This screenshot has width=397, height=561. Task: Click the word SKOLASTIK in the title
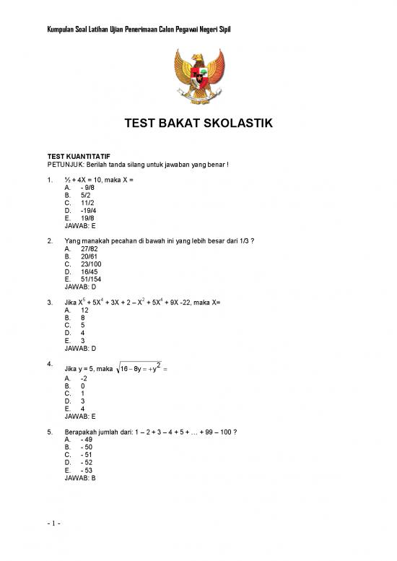(237, 124)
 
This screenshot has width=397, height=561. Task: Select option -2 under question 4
(84, 378)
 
